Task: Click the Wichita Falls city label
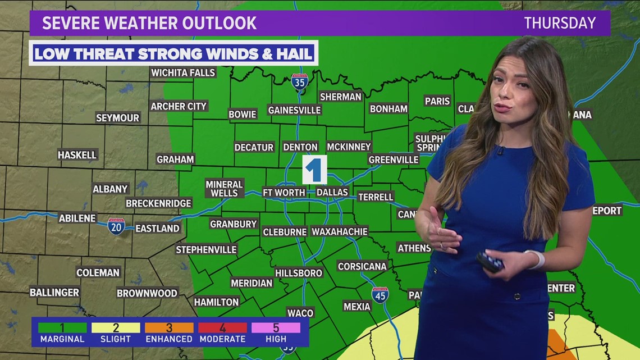183,72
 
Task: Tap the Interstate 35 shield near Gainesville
300,82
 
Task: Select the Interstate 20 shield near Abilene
116,226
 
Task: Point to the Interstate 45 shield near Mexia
380,295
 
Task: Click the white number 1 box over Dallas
314,170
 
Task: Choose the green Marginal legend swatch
62,327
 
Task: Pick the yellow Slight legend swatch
116,327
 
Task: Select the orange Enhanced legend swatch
169,327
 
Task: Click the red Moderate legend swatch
222,327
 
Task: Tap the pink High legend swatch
276,327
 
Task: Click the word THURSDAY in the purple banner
560,23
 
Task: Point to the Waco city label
300,313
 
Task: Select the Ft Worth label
284,193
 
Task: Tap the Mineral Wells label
224,189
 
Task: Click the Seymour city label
117,118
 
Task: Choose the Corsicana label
362,266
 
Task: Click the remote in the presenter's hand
490,262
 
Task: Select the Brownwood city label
147,293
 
